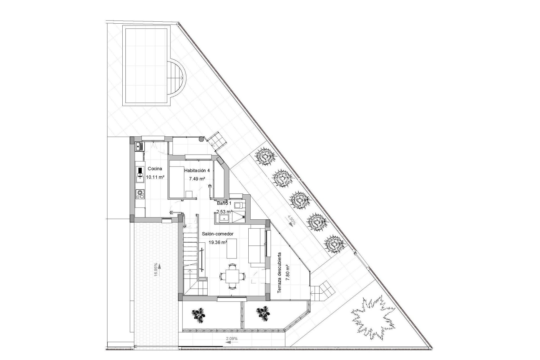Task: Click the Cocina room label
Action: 155,169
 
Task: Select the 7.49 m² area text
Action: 197,179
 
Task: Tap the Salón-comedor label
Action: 218,234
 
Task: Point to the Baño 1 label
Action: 224,203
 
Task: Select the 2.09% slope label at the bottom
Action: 232,339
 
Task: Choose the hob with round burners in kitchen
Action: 140,194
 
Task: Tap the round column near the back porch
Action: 201,139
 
